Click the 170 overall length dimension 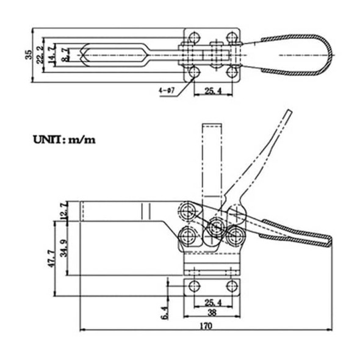(x=207, y=326)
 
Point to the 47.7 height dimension (x=52, y=257)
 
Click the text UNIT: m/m (x=64, y=140)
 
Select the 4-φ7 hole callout (x=166, y=91)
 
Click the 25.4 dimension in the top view (x=212, y=92)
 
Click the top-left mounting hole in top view (x=194, y=36)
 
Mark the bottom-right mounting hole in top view (x=231, y=73)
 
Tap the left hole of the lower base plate (x=195, y=286)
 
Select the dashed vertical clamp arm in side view (x=211, y=159)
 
